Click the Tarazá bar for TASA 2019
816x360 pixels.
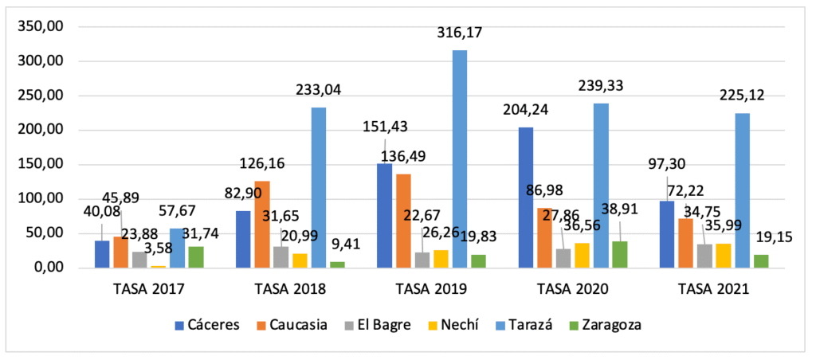(x=460, y=159)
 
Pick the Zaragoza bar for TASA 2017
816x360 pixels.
(x=195, y=257)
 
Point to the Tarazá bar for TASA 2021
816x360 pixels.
(x=742, y=190)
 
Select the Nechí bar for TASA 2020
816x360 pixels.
(x=582, y=256)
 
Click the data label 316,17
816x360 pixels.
(x=460, y=33)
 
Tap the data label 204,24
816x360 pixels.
(x=524, y=110)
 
